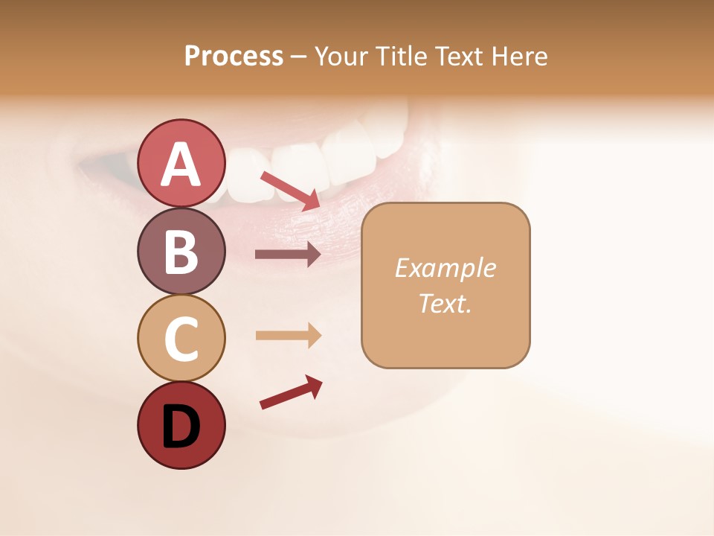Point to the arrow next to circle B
tap(288, 255)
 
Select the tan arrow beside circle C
tap(288, 335)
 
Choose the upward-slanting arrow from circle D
tap(291, 392)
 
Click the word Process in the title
tap(234, 57)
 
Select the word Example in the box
tap(445, 268)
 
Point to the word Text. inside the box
tap(445, 303)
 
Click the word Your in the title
tap(341, 57)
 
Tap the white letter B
tap(181, 252)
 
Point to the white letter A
tap(181, 164)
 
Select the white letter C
tap(181, 339)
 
